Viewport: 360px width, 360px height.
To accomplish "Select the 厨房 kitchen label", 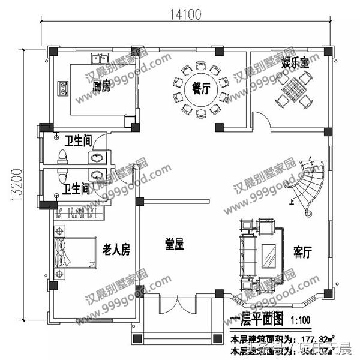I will click(101, 88).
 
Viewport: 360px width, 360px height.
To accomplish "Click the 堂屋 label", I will click(174, 244).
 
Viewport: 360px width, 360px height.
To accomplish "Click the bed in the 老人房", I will click(75, 253).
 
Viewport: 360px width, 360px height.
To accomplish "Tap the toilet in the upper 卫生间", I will click(62, 157).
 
